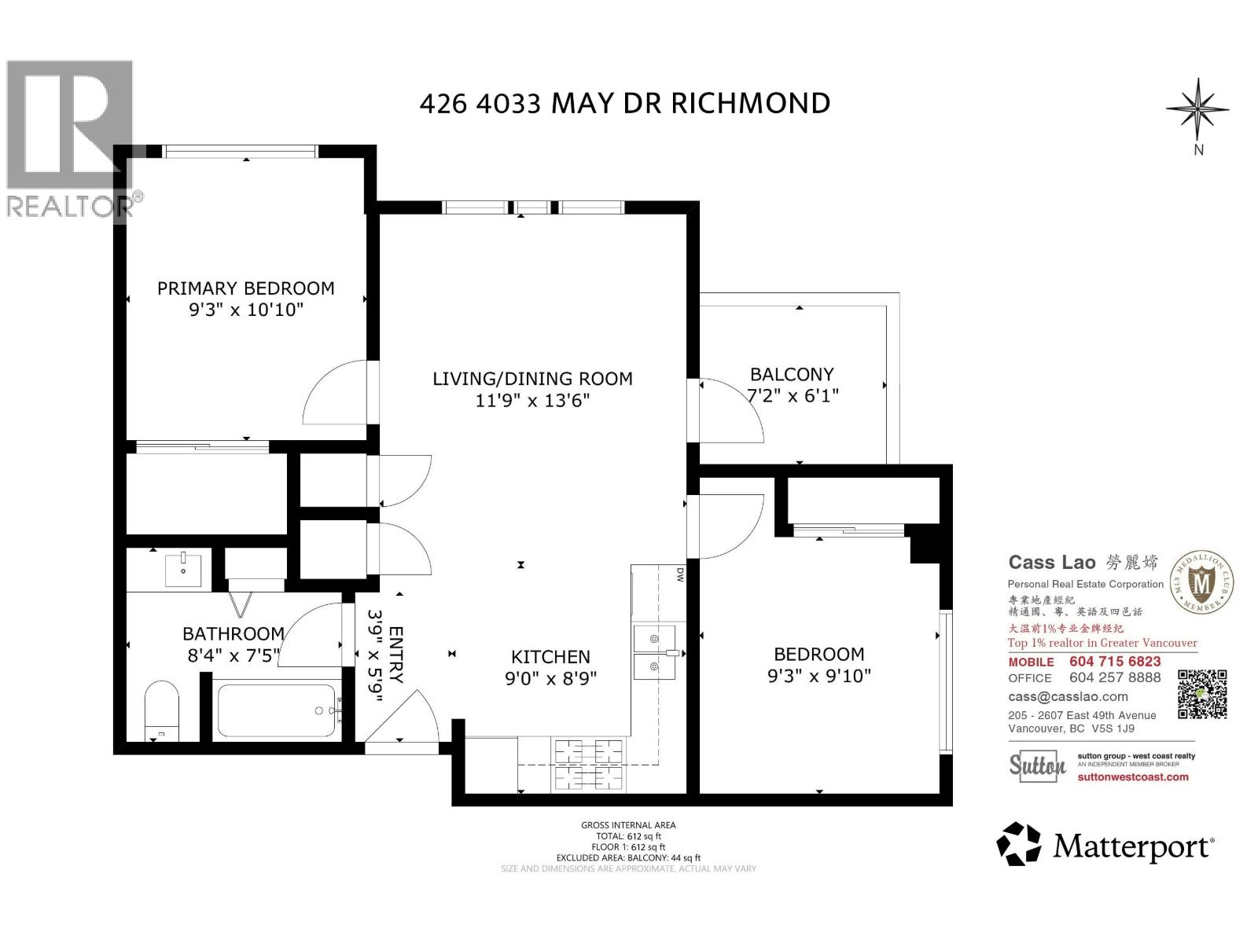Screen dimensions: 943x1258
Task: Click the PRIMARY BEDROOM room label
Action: point(245,288)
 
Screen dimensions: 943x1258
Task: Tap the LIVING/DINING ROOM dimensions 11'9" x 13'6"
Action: point(532,401)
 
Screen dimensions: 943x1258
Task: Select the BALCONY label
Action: point(791,375)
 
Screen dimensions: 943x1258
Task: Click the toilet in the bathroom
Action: point(161,710)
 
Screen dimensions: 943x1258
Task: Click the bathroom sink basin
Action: point(183,569)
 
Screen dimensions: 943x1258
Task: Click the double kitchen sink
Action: point(654,651)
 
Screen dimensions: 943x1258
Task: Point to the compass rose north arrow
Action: point(1197,110)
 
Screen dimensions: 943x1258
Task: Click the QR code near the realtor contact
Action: point(1202,694)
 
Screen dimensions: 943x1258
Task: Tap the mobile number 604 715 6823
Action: point(1115,662)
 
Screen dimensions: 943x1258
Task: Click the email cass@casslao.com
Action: point(1068,697)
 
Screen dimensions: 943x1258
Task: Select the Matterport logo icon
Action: point(1018,844)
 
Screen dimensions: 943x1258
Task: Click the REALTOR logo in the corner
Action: point(69,138)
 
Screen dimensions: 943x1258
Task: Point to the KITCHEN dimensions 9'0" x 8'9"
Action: point(550,677)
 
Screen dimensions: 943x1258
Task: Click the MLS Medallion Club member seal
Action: point(1202,582)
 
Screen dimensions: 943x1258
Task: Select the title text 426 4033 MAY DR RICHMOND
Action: point(624,103)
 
